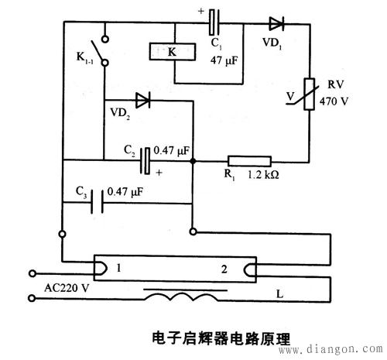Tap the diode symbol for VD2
point(142,100)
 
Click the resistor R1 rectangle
point(248,161)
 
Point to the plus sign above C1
point(201,12)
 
